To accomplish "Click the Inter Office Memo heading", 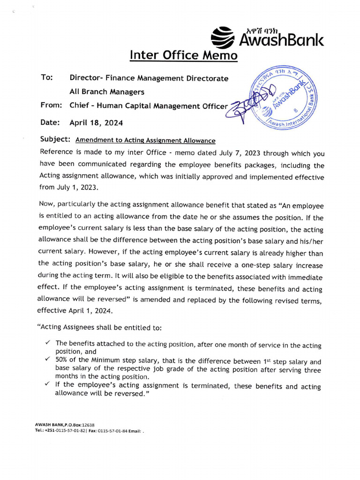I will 183,55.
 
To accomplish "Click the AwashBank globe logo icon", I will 222,37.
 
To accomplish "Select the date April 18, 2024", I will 96,123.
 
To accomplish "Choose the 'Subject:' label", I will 55,140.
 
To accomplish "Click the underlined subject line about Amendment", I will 145,140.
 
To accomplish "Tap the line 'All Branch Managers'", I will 107,92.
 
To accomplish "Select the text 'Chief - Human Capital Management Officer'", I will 148,106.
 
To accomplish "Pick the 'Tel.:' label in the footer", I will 39,430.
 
